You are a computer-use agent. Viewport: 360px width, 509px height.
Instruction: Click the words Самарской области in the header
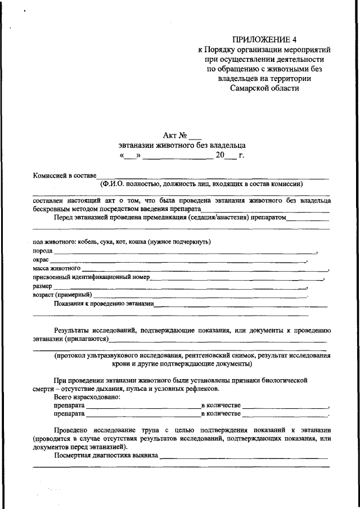tap(264, 88)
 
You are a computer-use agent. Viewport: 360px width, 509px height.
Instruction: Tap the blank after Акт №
tap(195, 135)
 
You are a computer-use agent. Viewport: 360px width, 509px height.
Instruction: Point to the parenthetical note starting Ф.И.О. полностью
tap(202, 183)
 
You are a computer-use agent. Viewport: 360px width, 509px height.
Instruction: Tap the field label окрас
tap(40, 260)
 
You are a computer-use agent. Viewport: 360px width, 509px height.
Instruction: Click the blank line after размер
tap(180, 286)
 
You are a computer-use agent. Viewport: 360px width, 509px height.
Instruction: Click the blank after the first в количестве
tap(285, 406)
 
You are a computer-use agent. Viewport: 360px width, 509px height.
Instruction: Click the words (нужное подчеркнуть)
tap(179, 242)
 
